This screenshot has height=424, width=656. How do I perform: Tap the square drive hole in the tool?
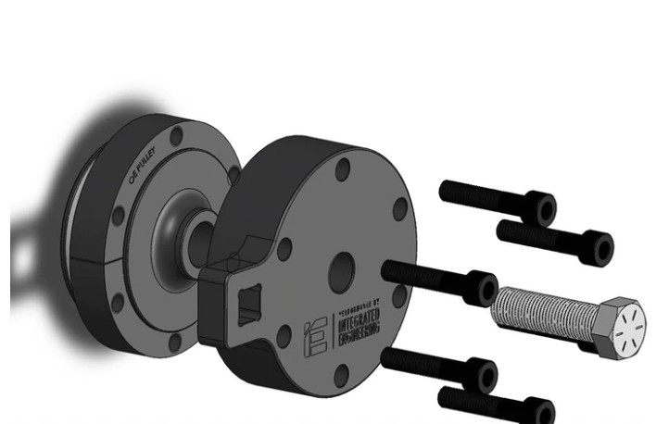click(249, 306)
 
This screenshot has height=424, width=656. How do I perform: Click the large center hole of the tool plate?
click(341, 269)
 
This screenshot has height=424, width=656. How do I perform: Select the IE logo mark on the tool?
click(314, 339)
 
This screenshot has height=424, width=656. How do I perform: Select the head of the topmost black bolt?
click(541, 209)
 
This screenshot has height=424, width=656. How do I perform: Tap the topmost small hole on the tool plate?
click(343, 170)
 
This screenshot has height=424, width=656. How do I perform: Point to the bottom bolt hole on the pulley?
click(175, 342)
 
